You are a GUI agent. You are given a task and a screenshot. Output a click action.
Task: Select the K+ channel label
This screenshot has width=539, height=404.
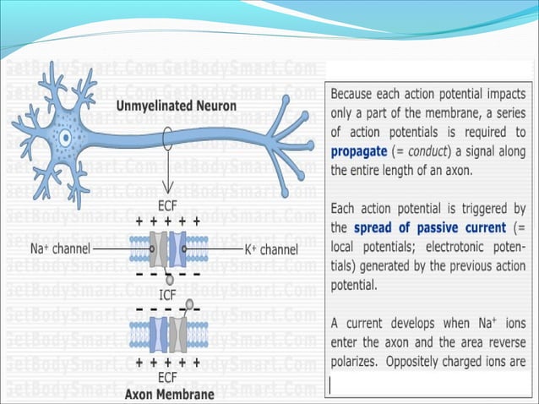point(267,250)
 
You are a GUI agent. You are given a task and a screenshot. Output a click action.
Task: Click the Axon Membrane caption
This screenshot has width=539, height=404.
point(168,394)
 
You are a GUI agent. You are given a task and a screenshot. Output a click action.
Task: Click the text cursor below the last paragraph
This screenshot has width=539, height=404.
point(331,385)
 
